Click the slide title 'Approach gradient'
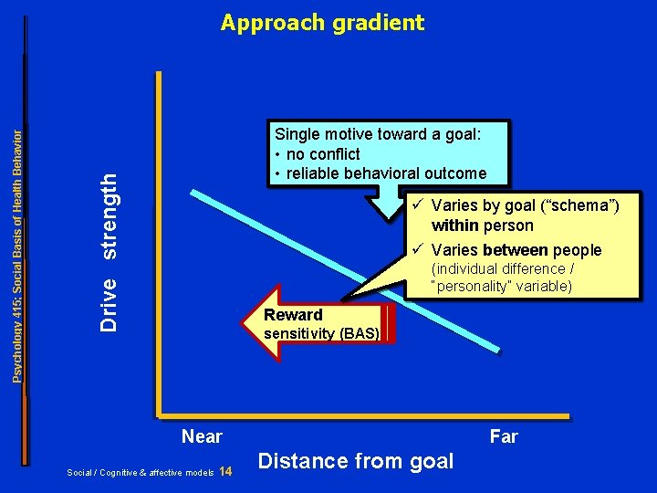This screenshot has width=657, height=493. (x=322, y=23)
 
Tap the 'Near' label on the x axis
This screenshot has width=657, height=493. (x=202, y=436)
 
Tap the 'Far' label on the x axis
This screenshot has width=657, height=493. (x=504, y=436)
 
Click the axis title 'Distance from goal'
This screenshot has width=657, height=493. (x=356, y=461)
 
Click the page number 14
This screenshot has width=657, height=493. (x=226, y=472)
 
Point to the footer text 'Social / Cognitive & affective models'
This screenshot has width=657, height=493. (x=141, y=473)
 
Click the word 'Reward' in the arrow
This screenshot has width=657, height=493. (x=293, y=315)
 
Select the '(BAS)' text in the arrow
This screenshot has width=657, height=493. (x=358, y=333)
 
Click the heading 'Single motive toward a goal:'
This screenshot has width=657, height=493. (x=378, y=134)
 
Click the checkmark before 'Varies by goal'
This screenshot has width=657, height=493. (x=417, y=205)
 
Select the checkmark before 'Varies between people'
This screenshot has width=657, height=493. (x=417, y=249)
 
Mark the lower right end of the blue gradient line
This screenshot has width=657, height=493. (x=496, y=349)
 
